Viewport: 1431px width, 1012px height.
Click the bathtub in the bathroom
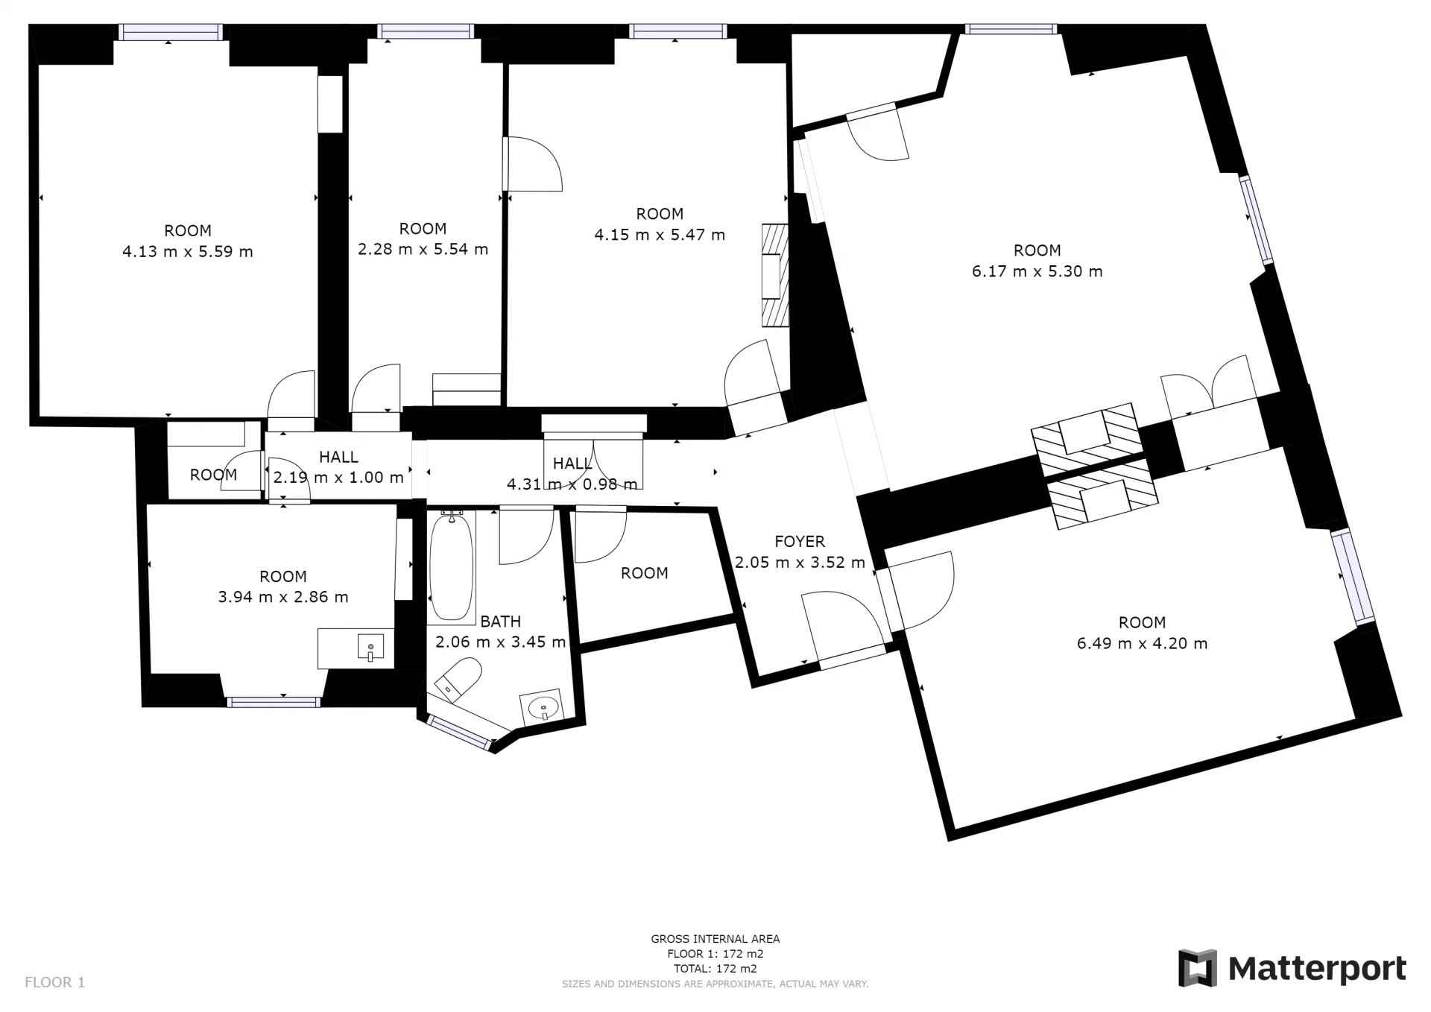452,566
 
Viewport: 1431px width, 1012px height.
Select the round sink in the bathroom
542,706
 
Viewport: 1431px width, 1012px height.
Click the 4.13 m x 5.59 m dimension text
188,252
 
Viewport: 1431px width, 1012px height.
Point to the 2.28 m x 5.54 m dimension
423,250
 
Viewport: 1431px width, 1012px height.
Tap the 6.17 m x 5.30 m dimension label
1037,271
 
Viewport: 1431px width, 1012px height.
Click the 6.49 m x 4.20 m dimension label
1142,643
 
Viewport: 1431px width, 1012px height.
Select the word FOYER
800,542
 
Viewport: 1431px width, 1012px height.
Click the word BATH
500,622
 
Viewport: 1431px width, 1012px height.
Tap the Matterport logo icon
1197,968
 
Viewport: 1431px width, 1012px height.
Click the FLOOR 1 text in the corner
55,982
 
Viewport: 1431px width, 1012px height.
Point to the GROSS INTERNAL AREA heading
715,939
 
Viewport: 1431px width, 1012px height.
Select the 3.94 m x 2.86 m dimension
283,597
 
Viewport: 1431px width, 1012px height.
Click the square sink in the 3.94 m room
370,646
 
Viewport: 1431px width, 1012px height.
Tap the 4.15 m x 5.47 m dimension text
660,235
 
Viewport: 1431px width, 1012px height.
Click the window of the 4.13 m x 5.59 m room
171,31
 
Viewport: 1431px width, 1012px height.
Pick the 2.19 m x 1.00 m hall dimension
338,477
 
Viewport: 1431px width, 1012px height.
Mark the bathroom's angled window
460,733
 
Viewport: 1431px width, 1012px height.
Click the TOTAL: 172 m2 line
715,969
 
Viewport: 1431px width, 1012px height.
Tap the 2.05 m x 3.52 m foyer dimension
800,563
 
